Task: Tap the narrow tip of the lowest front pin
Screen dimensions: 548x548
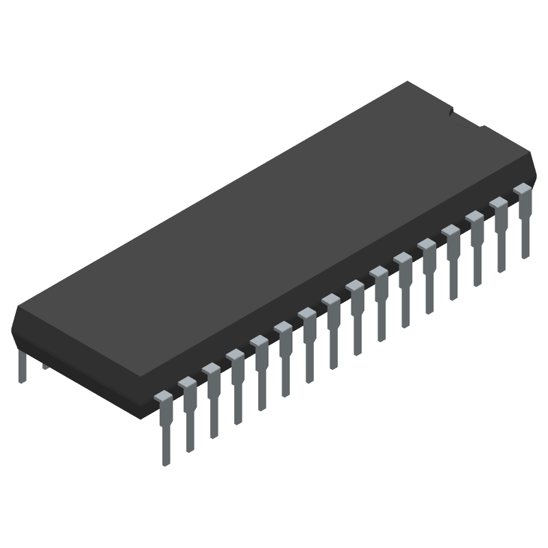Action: click(x=166, y=449)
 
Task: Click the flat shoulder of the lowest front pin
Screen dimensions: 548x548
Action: click(x=164, y=397)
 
